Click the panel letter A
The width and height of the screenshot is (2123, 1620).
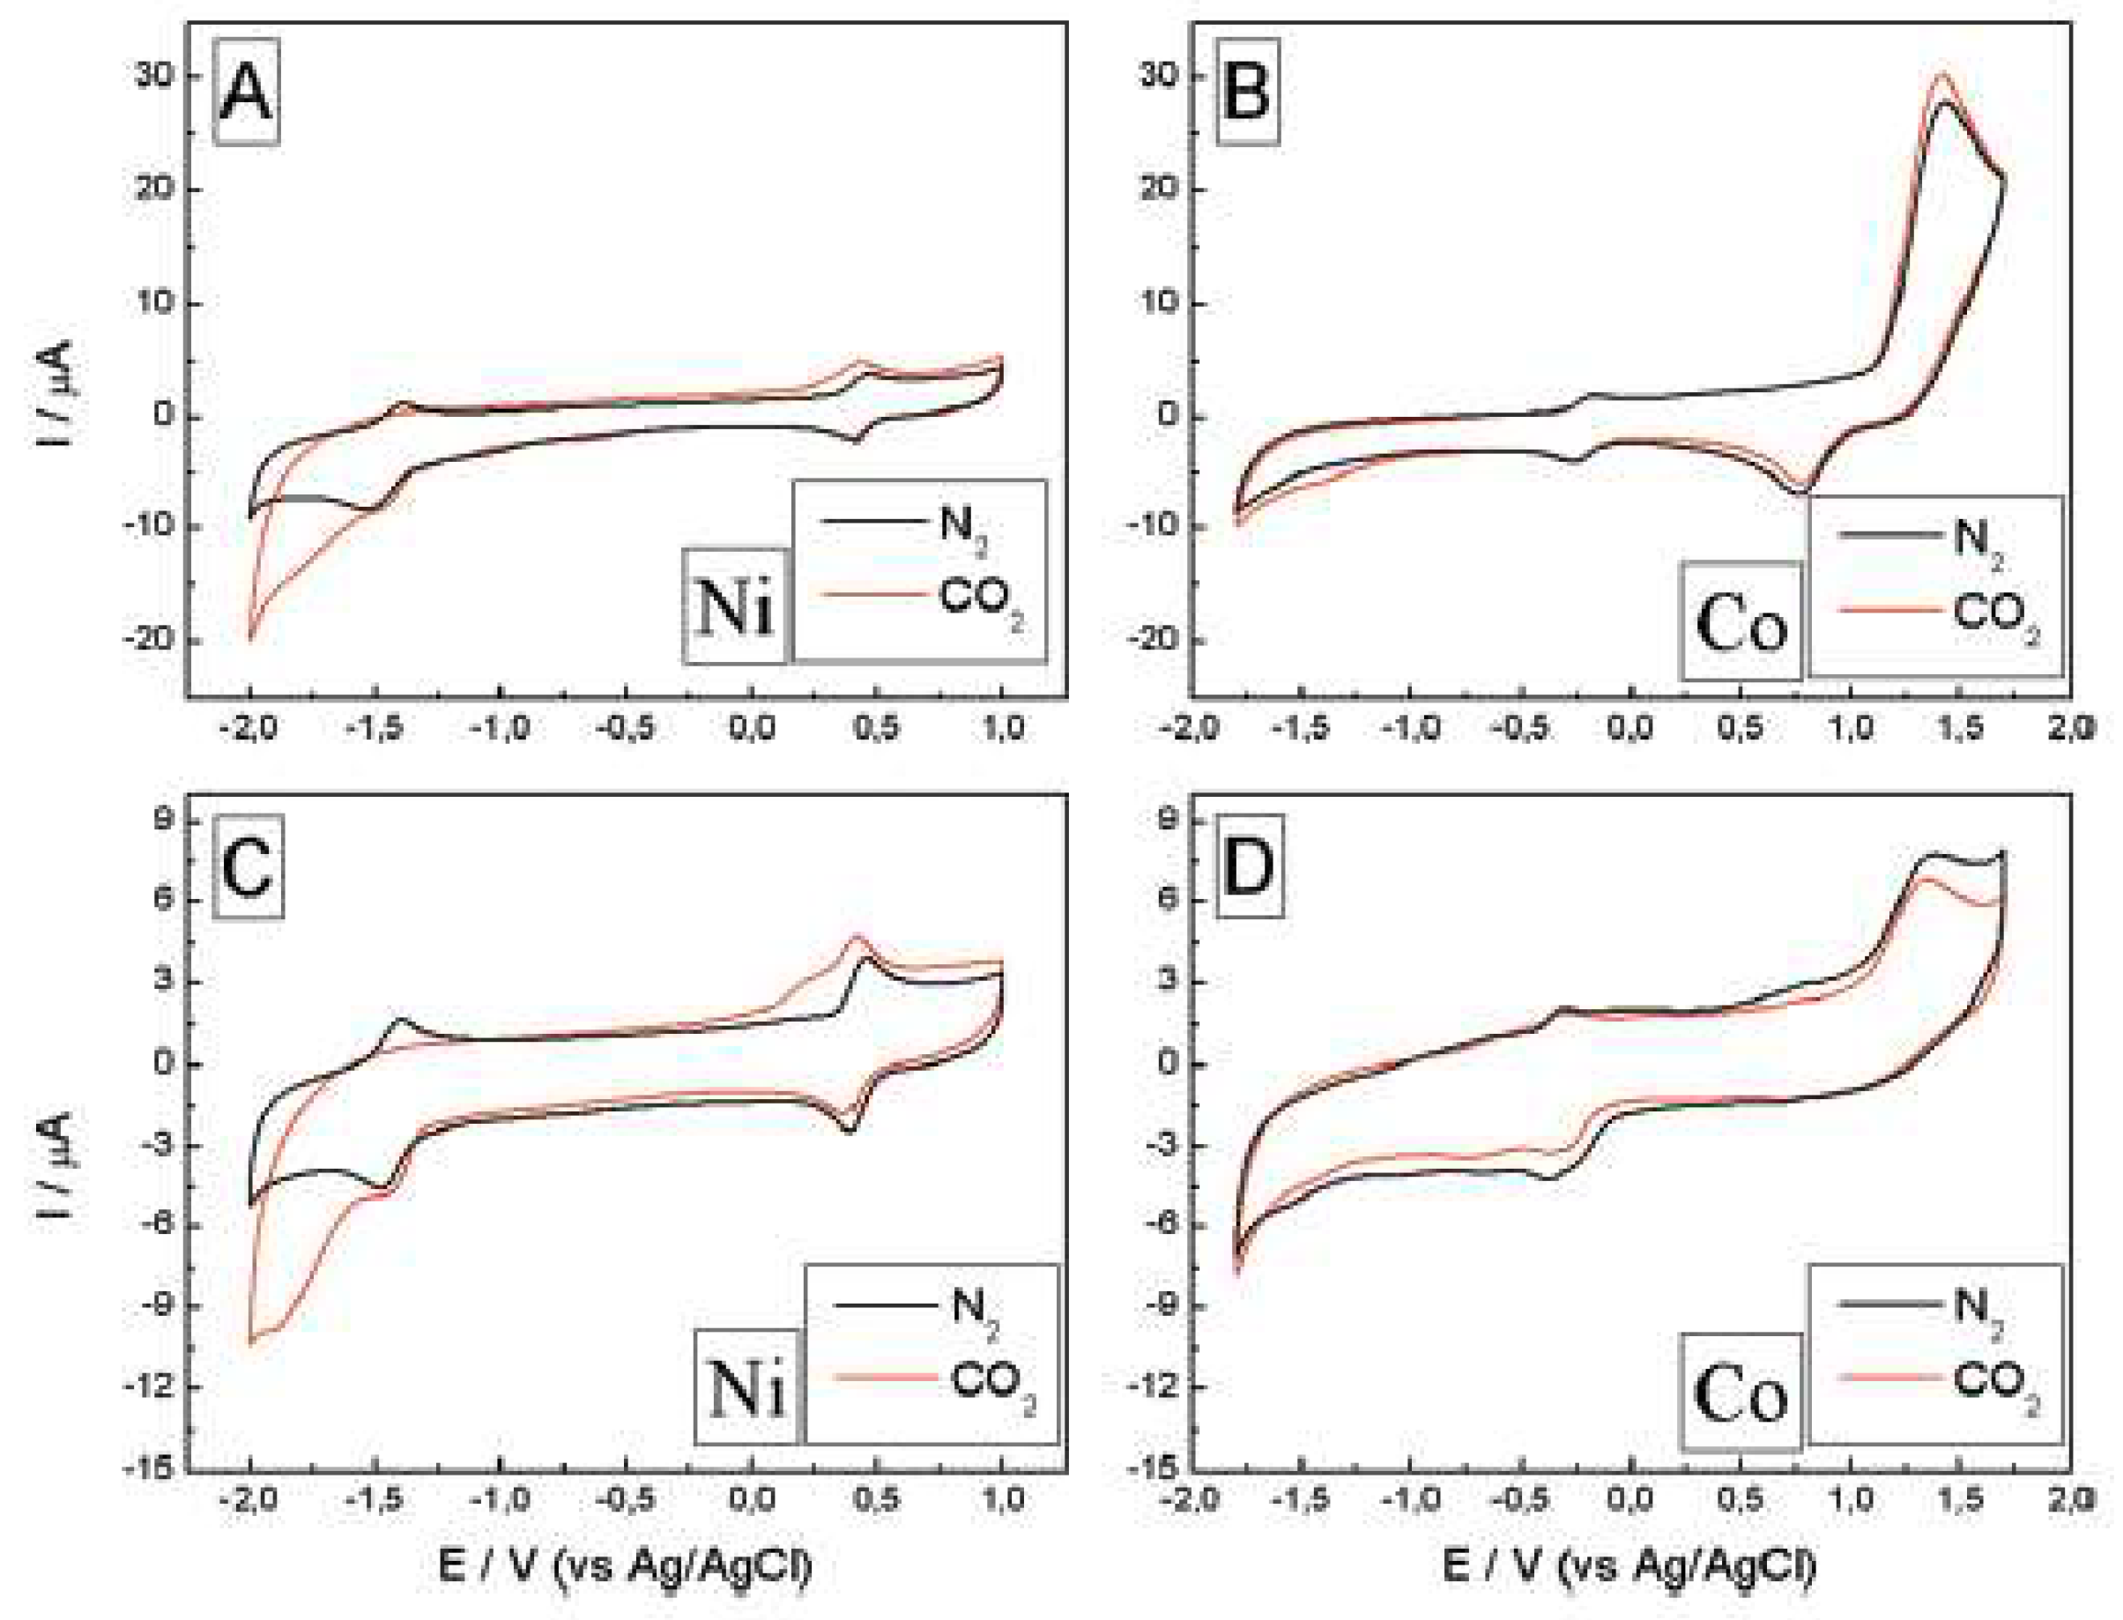point(246,93)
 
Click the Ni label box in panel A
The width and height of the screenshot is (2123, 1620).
point(736,607)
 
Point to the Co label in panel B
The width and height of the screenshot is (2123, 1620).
point(1741,622)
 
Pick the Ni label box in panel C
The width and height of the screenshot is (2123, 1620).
point(747,1388)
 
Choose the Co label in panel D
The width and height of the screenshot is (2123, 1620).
point(1741,1394)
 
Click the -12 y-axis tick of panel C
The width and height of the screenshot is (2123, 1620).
point(151,1386)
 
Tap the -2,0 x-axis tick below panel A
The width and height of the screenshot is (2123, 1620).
point(249,729)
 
